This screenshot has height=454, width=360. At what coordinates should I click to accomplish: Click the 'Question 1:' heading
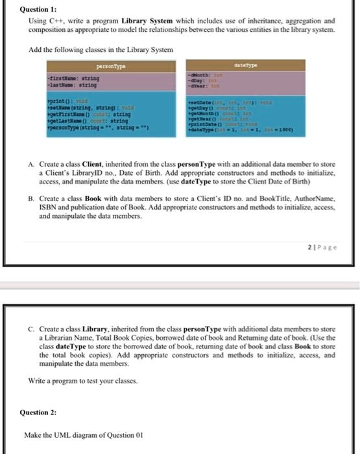point(40,10)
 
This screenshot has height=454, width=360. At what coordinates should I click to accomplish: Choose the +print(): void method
point(78,101)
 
